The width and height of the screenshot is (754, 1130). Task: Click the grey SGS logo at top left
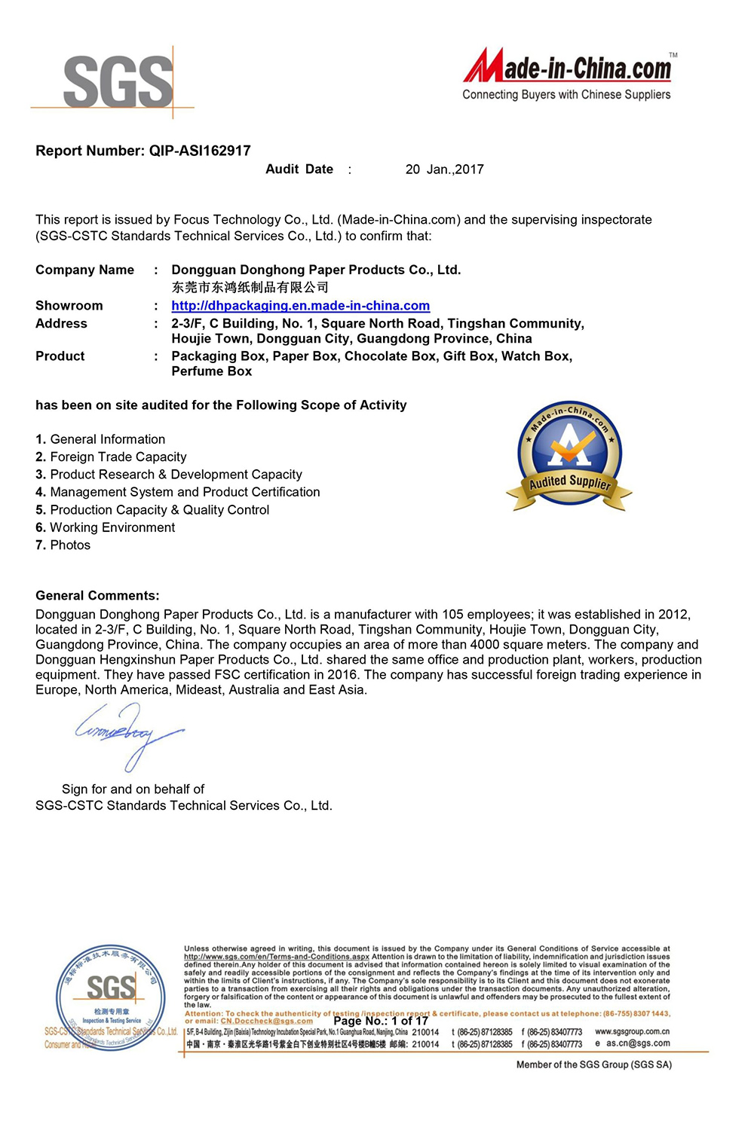point(118,81)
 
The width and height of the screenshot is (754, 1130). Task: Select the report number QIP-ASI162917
point(200,151)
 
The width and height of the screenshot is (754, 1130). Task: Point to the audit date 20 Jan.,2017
point(444,169)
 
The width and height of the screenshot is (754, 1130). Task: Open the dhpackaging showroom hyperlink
point(300,306)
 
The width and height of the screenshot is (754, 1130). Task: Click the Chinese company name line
point(250,287)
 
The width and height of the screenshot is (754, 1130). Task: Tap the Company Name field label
point(84,270)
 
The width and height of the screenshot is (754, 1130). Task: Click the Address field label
point(61,323)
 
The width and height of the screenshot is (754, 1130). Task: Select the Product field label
point(60,356)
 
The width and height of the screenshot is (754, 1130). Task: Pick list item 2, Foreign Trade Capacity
point(111,457)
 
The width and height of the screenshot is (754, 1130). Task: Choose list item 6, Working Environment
point(105,527)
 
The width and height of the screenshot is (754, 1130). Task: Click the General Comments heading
point(97,595)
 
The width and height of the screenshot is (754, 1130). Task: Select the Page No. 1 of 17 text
point(381,1021)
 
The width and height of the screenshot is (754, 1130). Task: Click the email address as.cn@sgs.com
point(638,1043)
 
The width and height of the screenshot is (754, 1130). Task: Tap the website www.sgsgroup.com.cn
point(632,1031)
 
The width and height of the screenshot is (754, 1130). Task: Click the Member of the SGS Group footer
point(593,1064)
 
